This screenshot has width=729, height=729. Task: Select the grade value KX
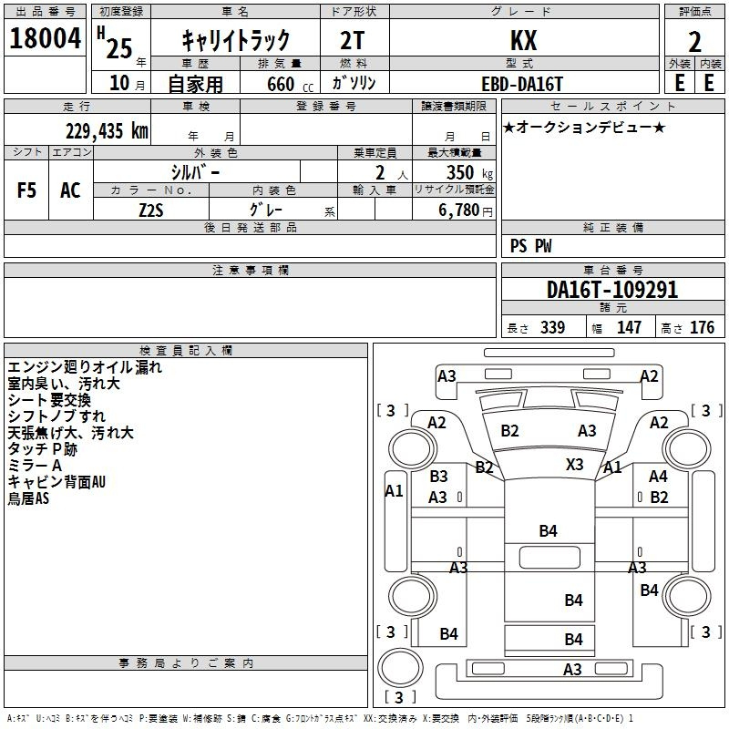tap(523, 40)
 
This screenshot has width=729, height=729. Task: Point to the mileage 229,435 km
tap(107, 130)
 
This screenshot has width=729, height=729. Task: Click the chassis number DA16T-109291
tap(612, 290)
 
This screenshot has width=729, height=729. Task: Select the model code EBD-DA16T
tap(522, 82)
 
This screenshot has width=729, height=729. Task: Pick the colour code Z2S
tap(151, 209)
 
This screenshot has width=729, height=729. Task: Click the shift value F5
tap(27, 190)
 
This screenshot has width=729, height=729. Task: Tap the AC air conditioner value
tap(70, 190)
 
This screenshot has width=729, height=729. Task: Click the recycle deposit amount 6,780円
tap(465, 210)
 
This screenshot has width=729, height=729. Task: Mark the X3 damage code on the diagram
tap(574, 464)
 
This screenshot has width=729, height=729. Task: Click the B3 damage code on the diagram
tap(438, 476)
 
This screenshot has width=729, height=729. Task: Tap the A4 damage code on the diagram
tap(658, 476)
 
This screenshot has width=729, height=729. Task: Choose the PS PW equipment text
tap(530, 246)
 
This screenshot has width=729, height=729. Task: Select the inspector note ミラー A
tap(34, 466)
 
